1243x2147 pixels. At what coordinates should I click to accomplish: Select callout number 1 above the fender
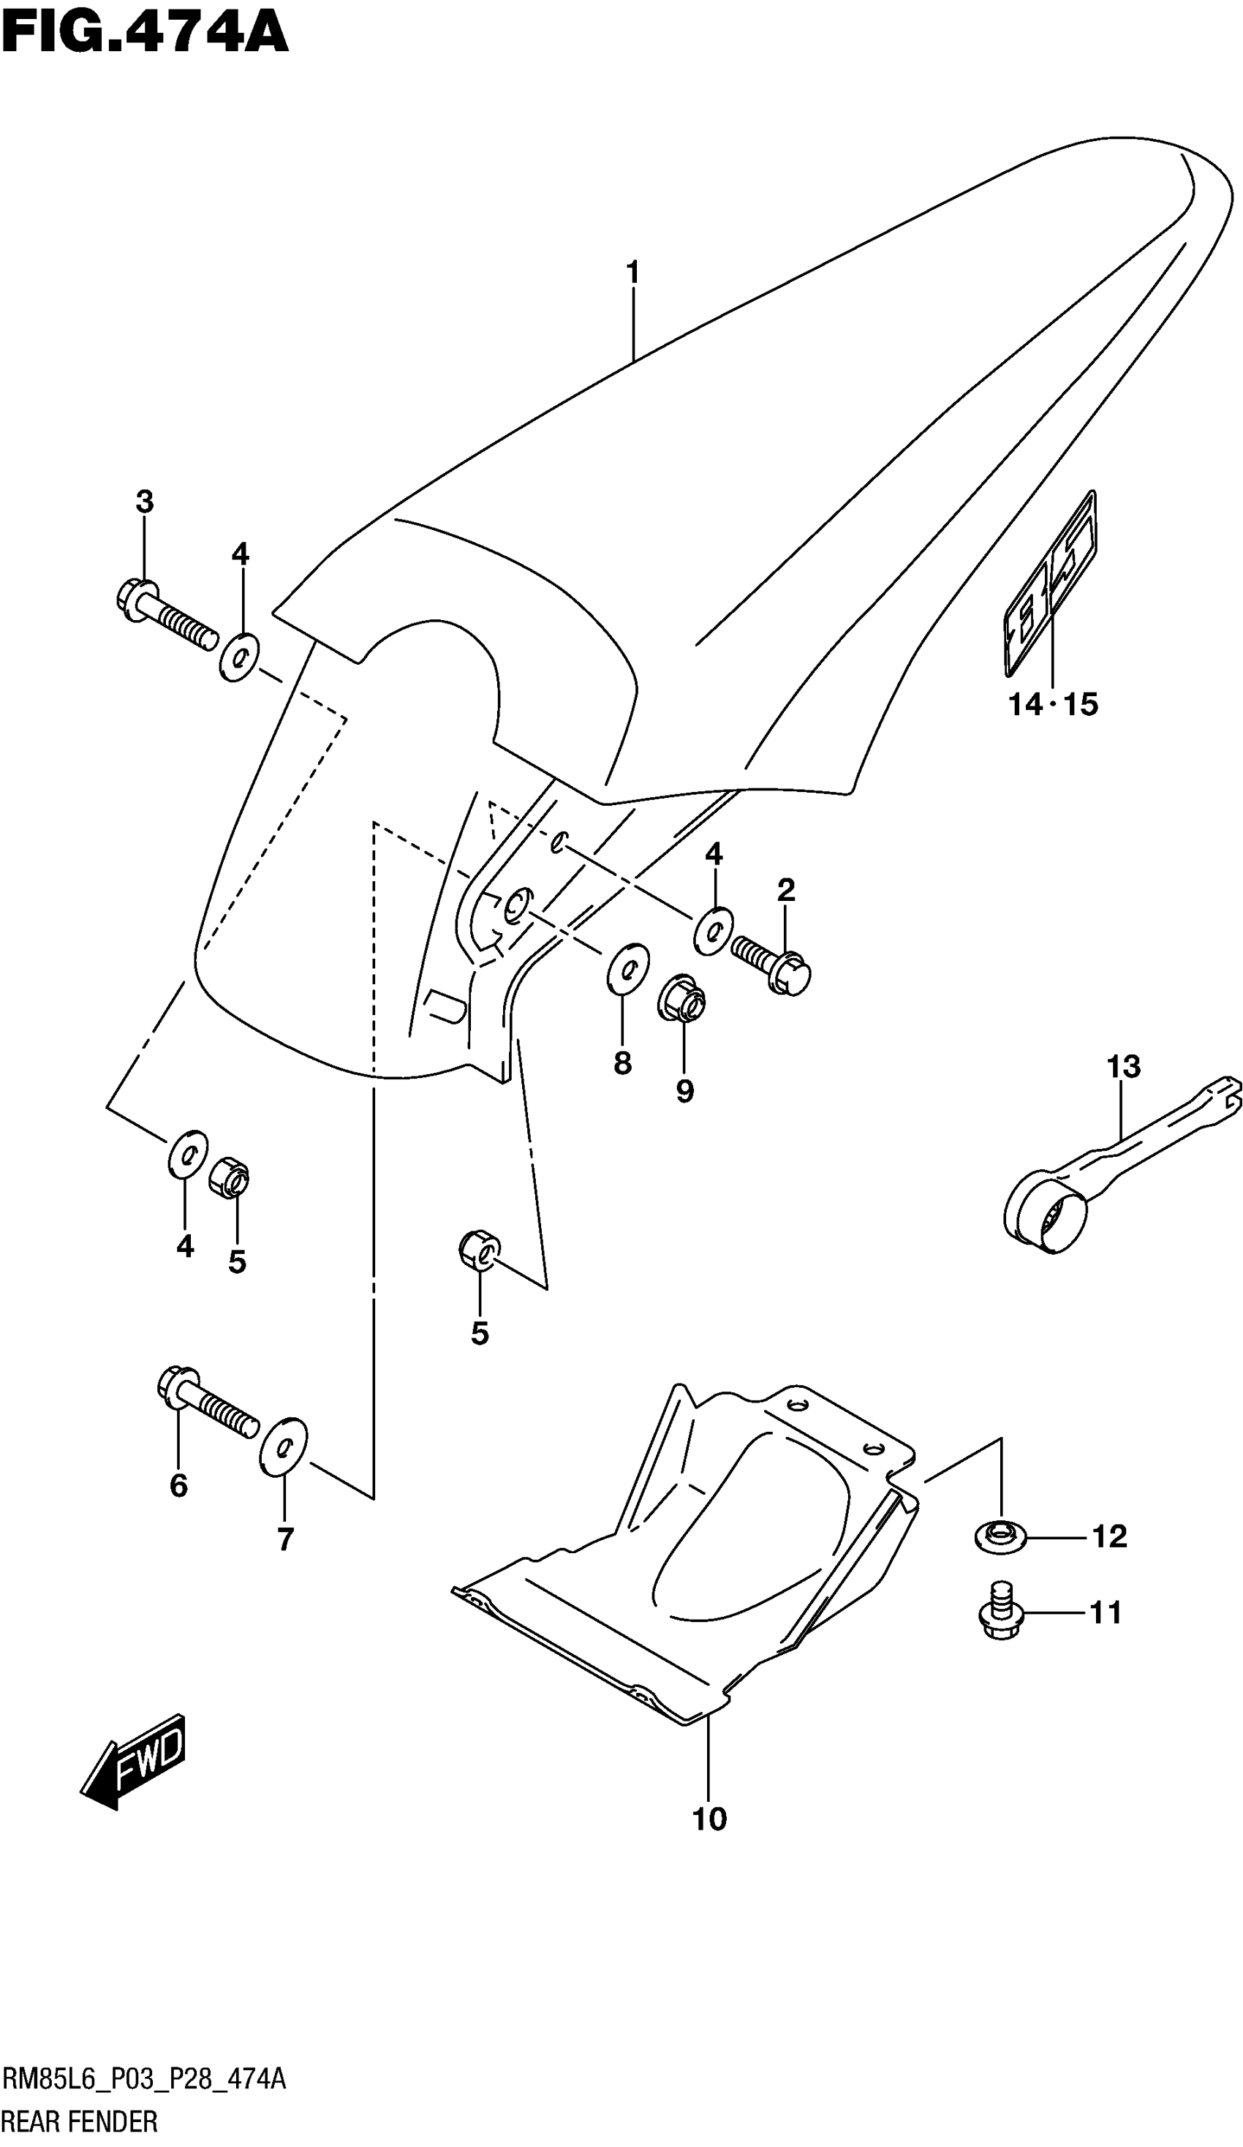[x=632, y=273]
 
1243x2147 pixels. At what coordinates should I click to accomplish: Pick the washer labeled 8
[x=628, y=968]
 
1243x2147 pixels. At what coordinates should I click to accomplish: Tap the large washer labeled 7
[x=284, y=1446]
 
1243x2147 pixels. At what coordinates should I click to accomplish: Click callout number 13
[x=1123, y=1066]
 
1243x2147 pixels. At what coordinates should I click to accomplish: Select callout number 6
[x=178, y=1485]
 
